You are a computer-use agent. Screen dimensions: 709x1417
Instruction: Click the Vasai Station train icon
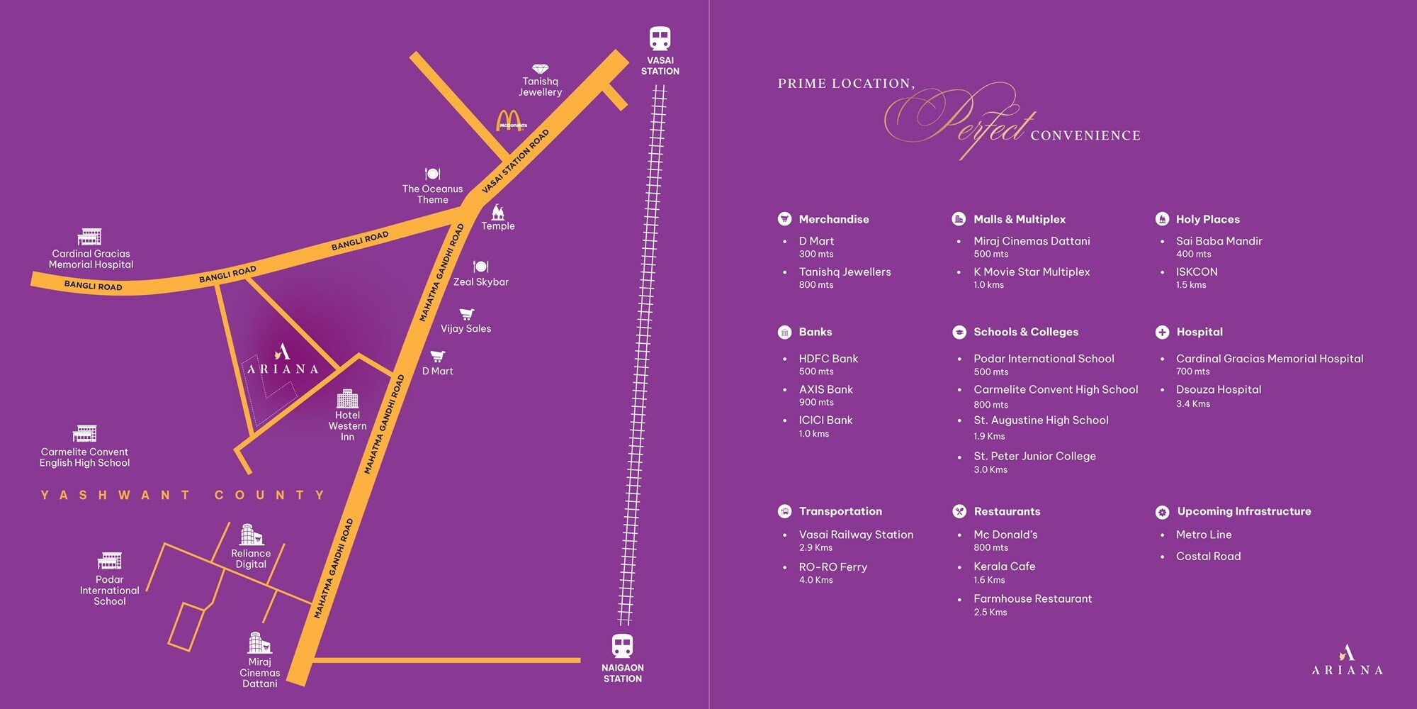pos(660,38)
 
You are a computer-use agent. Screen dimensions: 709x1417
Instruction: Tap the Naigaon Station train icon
pos(622,646)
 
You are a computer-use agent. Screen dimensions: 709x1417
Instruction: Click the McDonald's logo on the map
pos(510,121)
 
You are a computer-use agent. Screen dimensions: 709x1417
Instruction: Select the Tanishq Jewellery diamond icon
pos(541,69)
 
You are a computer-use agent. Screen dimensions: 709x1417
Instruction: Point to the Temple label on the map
pos(498,226)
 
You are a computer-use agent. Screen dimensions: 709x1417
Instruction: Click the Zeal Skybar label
pos(481,282)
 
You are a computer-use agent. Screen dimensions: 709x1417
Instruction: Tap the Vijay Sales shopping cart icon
pos(466,314)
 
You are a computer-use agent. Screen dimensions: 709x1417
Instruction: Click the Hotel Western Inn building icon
pos(347,398)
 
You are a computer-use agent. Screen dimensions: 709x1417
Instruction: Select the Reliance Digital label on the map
pos(251,559)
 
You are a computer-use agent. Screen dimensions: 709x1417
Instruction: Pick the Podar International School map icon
pos(110,561)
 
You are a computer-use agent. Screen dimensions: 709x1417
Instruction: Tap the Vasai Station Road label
pos(515,162)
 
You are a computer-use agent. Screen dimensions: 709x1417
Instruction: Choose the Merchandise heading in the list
pos(834,219)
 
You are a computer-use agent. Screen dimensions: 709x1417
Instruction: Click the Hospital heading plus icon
pos(1162,332)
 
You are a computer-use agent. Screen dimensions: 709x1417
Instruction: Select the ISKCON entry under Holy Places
pos(1197,272)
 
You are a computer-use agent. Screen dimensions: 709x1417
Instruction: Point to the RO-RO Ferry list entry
pos(833,567)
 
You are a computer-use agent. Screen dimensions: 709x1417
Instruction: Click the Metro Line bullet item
pos(1204,535)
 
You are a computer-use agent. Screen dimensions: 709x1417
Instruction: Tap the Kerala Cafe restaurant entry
pos(1004,566)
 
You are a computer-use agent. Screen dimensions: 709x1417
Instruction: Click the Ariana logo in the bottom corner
pos(1347,660)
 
